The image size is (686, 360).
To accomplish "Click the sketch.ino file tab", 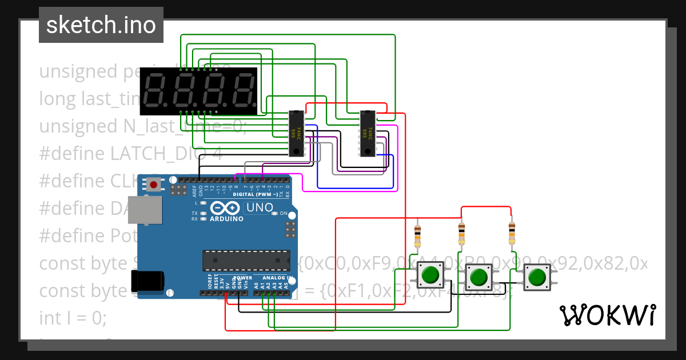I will click(101, 25).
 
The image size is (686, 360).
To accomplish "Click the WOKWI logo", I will click(607, 315).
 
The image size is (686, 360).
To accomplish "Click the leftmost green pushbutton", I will click(429, 277).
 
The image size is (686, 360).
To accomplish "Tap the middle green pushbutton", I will click(478, 278).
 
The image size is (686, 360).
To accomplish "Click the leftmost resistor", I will click(417, 236).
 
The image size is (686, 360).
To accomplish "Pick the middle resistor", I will click(462, 234).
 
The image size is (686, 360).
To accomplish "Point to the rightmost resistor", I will click(512, 233).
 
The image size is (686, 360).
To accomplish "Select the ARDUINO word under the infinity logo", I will click(226, 219).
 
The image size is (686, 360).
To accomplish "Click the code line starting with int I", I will click(72, 318).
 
